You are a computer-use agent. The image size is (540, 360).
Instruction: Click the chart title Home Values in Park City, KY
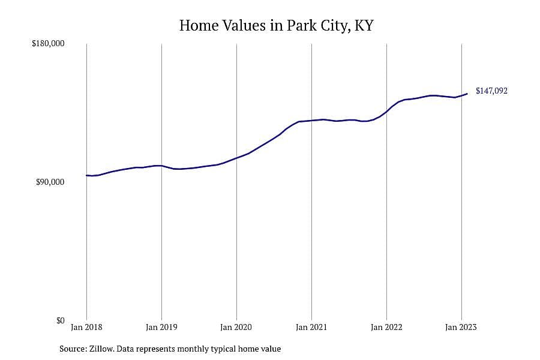point(276,25)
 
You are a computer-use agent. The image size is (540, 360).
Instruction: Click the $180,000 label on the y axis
point(48,44)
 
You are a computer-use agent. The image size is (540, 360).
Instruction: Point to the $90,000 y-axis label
point(50,182)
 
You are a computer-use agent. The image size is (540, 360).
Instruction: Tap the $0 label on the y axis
point(60,321)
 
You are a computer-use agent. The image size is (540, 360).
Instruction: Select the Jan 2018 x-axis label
point(86,327)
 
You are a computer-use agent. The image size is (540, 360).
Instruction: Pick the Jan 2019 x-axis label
point(161,327)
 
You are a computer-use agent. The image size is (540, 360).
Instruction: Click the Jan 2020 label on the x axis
point(236,327)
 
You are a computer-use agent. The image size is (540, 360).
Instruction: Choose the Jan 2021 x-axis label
point(311,327)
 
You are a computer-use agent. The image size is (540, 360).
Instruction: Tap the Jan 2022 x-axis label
point(386,327)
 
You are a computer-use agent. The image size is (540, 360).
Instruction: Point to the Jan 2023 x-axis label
point(461,327)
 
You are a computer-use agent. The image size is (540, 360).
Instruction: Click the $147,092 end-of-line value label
point(491,91)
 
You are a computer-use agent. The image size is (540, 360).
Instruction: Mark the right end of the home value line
point(467,94)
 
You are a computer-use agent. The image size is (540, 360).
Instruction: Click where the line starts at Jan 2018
point(87,175)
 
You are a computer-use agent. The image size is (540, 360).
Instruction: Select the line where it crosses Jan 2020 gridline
point(236,158)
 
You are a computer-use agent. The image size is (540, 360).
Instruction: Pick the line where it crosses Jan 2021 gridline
point(311,121)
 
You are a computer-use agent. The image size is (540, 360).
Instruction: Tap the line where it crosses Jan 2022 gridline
point(387,111)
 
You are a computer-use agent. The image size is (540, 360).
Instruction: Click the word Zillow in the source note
point(101,349)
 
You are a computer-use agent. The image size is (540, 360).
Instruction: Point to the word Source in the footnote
point(73,349)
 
